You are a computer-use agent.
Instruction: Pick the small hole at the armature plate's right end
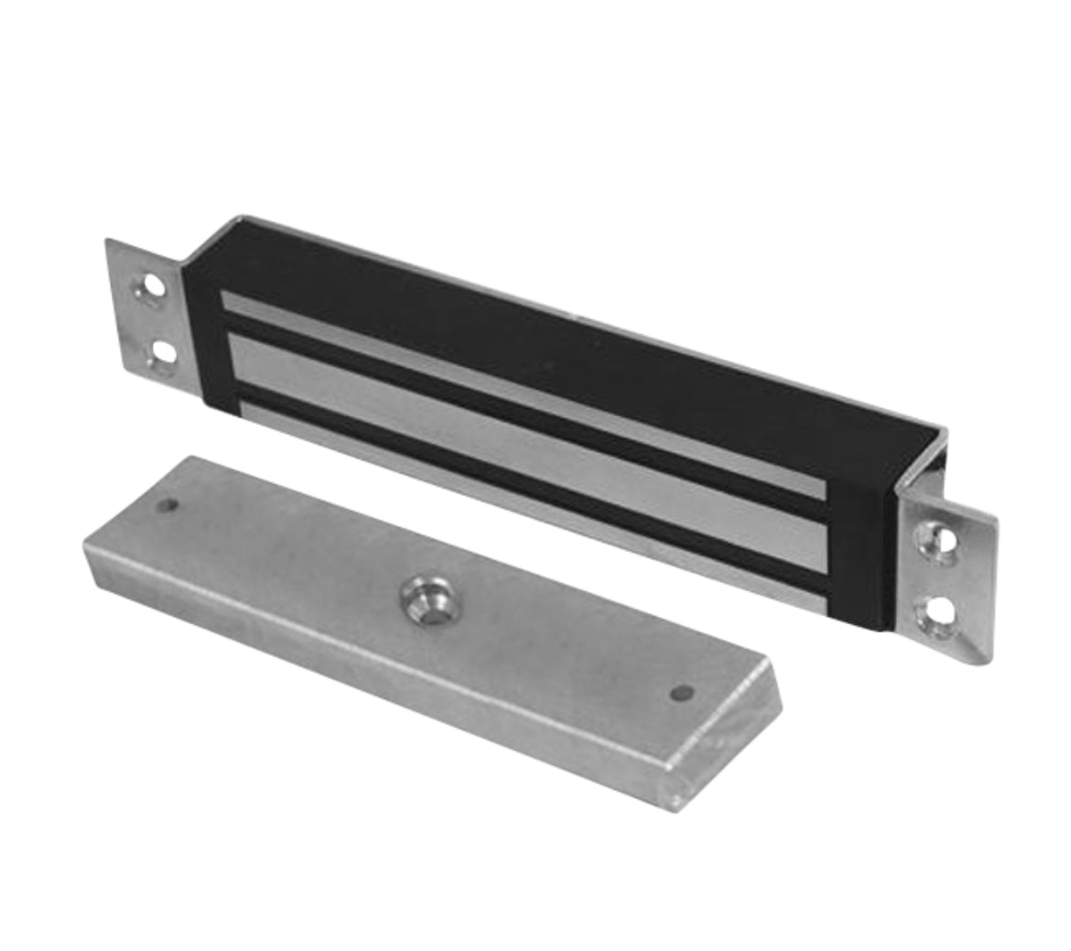(x=679, y=693)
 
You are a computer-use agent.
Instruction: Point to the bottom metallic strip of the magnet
(x=531, y=499)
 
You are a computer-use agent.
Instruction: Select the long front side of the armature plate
(x=366, y=677)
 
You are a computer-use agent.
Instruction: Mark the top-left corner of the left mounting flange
(x=108, y=242)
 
